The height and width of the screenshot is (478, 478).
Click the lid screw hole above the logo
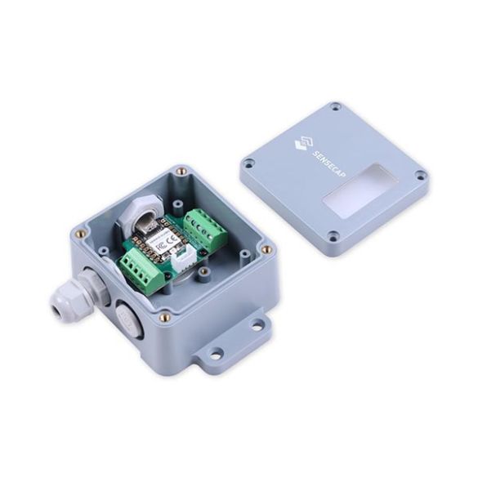336,107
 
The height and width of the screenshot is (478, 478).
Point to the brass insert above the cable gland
79,233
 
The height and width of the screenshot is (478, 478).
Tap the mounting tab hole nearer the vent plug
214,354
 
